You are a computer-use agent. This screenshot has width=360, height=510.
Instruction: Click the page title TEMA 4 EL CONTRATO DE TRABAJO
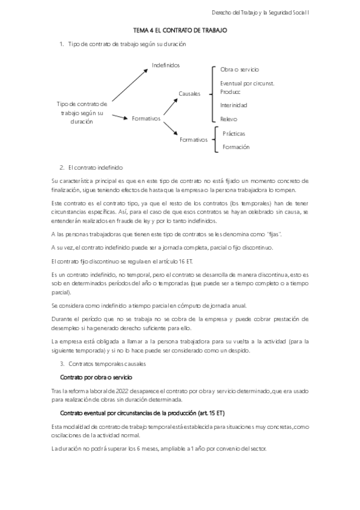180,29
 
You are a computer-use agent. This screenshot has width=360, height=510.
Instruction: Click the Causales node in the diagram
189,94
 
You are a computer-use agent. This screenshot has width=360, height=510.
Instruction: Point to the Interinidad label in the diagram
234,105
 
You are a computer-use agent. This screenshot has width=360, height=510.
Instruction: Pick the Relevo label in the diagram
229,119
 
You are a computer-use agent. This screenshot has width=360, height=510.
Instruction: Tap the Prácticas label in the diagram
234,134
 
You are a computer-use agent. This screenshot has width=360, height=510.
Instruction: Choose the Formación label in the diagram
236,147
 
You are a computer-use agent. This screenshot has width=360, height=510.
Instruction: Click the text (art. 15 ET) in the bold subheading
213,414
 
